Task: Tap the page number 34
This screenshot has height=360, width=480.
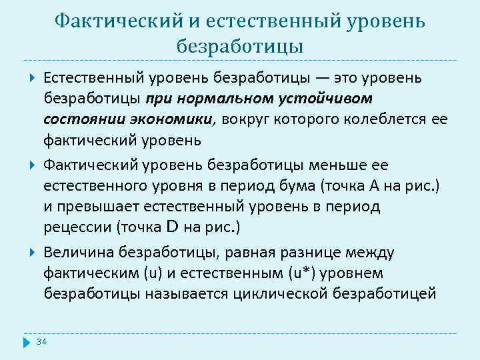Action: pyautogui.click(x=42, y=342)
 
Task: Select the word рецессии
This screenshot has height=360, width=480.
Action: pyautogui.click(x=77, y=227)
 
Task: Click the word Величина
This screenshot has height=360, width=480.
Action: pyautogui.click(x=78, y=252)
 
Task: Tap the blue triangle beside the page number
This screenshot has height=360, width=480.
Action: pyautogui.click(x=27, y=342)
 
